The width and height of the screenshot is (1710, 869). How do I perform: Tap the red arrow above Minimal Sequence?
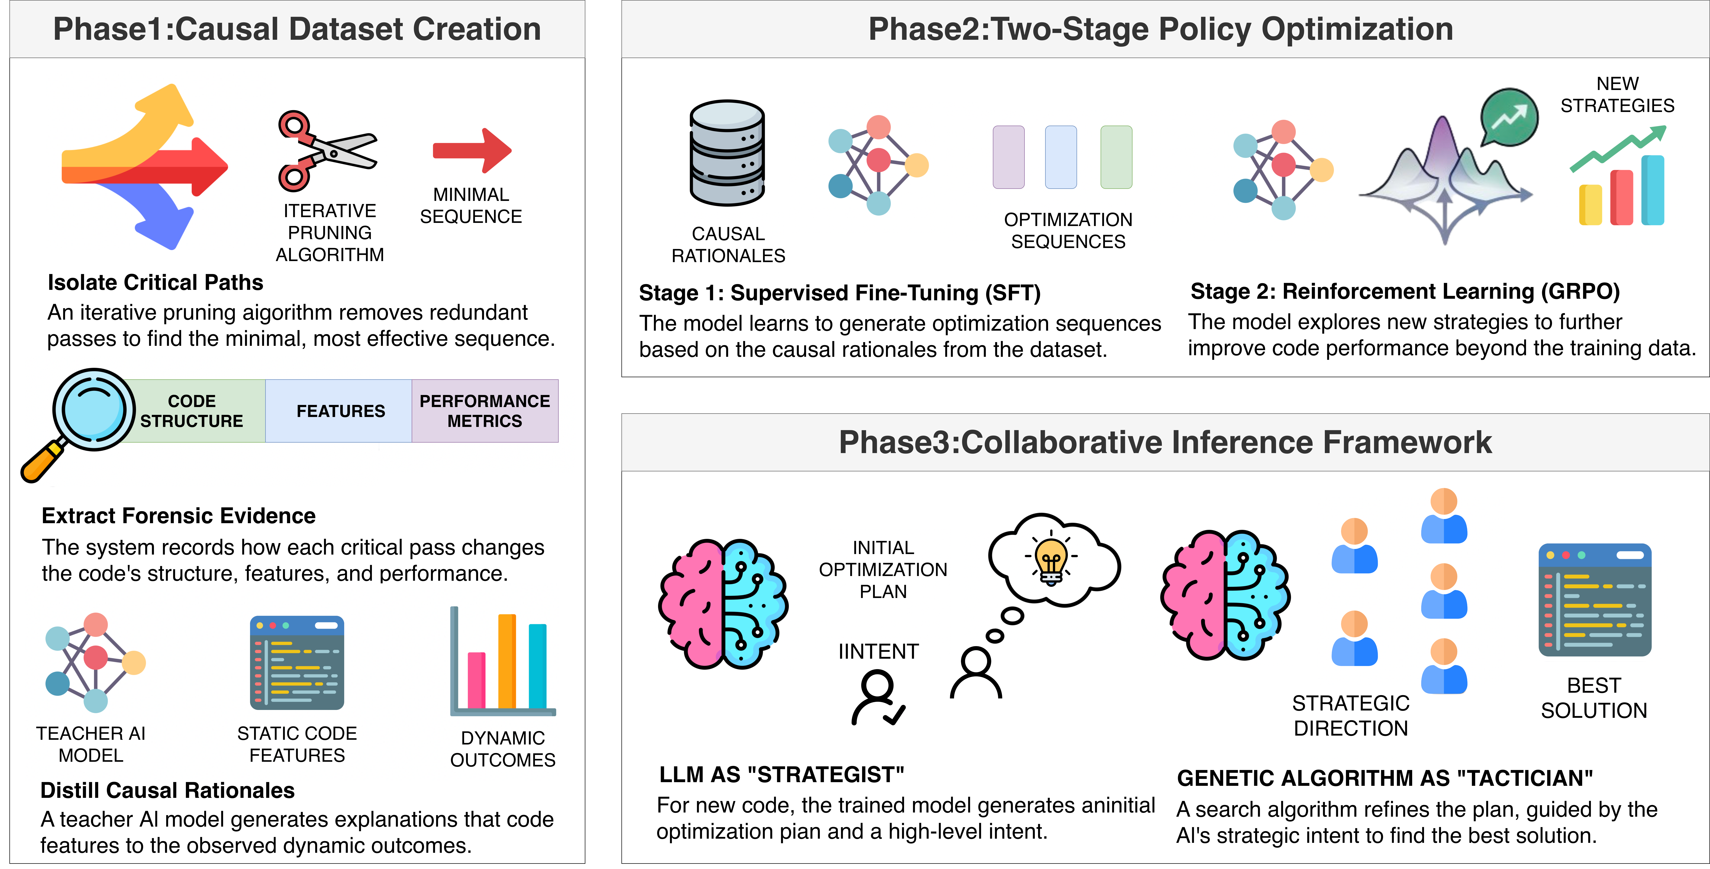(472, 151)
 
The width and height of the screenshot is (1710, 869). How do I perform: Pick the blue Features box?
(340, 411)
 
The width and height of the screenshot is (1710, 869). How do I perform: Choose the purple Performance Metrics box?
(485, 411)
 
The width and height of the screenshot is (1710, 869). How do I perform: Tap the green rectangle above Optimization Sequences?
(1116, 157)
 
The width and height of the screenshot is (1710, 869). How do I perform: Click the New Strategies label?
(1617, 94)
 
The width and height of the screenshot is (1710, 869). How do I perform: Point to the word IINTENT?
(878, 651)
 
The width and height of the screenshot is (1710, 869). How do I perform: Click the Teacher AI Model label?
(91, 744)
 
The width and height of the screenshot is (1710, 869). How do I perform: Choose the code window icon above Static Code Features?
(297, 663)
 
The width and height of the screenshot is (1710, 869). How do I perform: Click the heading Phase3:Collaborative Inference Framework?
(1165, 442)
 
